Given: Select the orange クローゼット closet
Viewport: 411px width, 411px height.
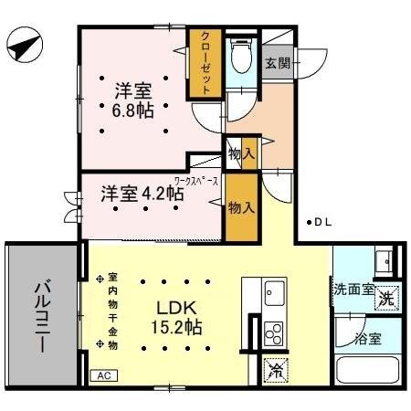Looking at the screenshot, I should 205,63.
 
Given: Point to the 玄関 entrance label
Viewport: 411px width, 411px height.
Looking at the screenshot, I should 279,63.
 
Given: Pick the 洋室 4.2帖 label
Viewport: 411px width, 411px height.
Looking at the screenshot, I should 142,194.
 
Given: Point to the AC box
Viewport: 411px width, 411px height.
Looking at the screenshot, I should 106,374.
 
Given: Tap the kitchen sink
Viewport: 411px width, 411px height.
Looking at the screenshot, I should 274,294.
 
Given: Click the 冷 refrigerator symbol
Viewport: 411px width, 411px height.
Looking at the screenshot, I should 274,371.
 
